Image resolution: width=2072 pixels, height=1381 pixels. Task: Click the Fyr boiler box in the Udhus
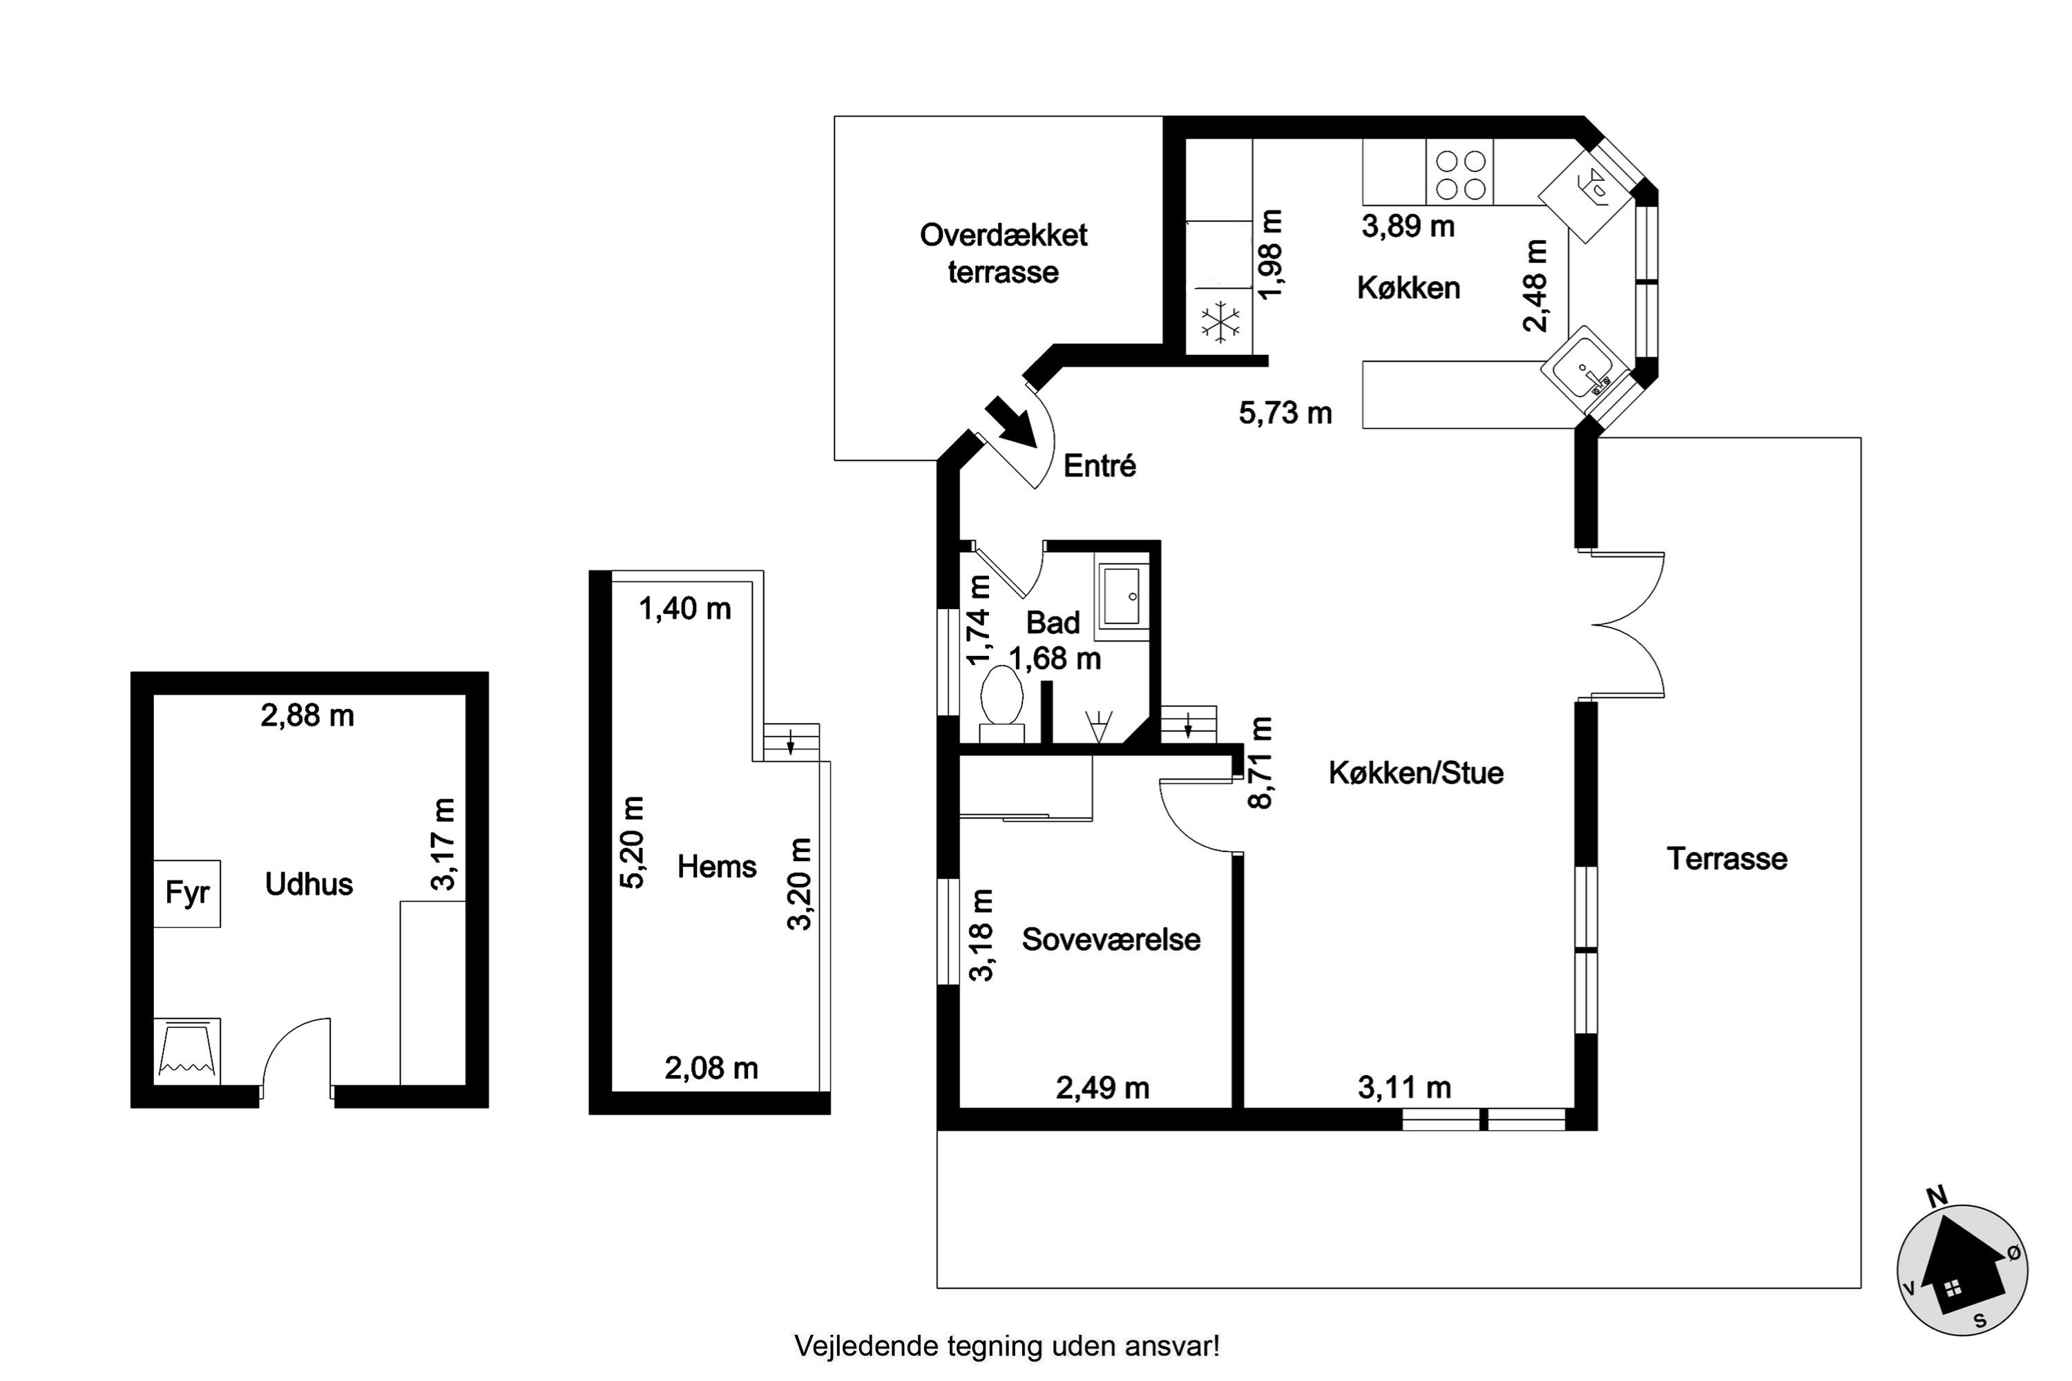point(186,893)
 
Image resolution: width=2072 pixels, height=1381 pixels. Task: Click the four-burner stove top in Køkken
point(1461,173)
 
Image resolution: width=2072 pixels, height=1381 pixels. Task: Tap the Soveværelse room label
point(1111,940)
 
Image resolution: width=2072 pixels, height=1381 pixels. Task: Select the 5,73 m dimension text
point(1285,413)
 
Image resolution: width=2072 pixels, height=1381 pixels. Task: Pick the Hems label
point(716,867)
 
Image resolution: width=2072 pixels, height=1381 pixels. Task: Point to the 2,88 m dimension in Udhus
point(307,715)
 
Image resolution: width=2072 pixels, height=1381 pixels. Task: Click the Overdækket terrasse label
point(1004,253)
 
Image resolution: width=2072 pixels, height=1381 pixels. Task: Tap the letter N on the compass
point(1937,1197)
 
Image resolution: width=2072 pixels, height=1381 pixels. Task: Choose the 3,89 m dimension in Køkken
point(1408,226)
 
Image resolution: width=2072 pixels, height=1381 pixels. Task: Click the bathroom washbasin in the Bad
point(1122,597)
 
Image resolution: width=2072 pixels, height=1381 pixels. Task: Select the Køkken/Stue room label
point(1416,773)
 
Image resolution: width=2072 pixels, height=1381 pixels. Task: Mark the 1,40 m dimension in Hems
point(684,608)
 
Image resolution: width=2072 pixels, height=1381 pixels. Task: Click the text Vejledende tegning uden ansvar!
point(1008,1346)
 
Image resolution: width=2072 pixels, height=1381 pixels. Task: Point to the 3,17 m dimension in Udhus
point(445,844)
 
